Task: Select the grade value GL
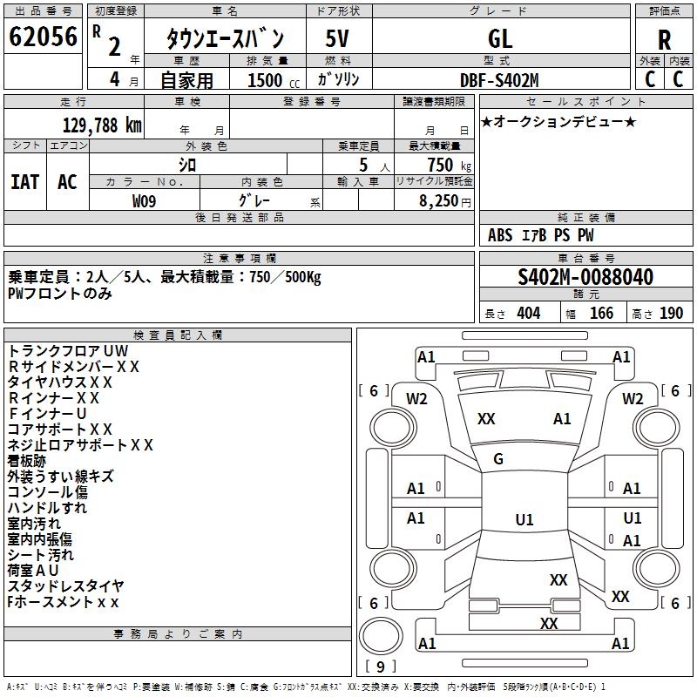point(500,39)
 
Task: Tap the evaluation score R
point(664,40)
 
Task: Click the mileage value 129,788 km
point(102,125)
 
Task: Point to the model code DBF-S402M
point(500,80)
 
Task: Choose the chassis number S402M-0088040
point(585,277)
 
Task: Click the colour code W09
point(145,200)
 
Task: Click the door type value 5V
point(338,39)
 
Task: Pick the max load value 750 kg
point(445,165)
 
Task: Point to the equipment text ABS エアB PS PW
point(541,235)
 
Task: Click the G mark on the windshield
point(498,459)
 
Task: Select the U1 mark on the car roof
point(524,519)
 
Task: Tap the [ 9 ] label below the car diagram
point(381,667)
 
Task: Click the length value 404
point(528,314)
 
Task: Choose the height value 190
point(671,314)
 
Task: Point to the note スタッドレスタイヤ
point(65,586)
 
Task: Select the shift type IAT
point(25,181)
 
